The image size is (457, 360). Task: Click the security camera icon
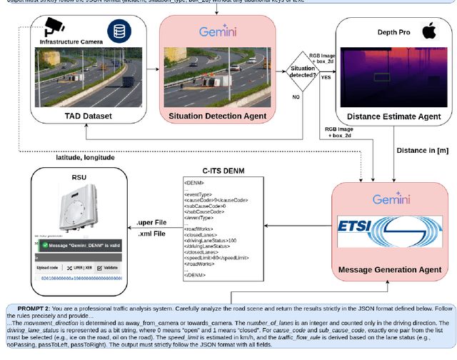[x=54, y=28]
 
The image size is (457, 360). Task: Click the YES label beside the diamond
[x=326, y=76]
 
